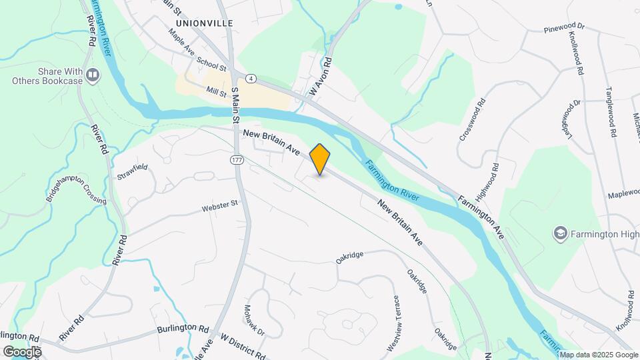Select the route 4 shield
[x=251, y=78]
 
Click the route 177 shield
[x=237, y=160]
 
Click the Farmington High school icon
[x=561, y=233]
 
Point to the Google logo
[x=21, y=351]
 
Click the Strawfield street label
[x=132, y=172]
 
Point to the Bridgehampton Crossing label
[x=76, y=191]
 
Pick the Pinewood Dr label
[x=563, y=29]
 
